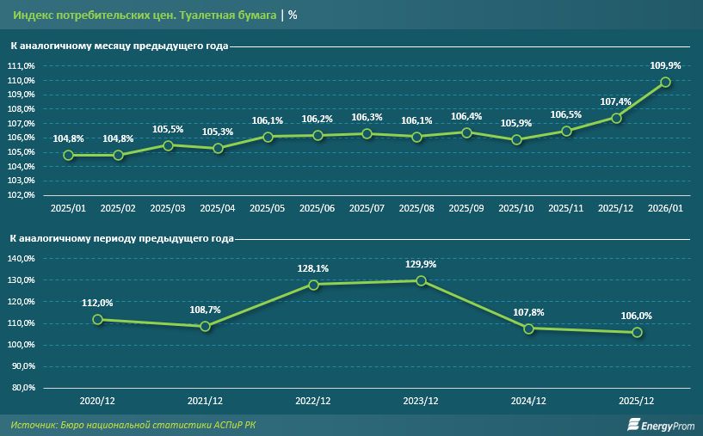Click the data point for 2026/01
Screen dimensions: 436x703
point(665,83)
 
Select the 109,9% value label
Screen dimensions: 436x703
point(665,65)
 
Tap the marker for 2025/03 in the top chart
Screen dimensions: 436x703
point(168,145)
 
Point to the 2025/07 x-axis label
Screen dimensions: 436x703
point(367,209)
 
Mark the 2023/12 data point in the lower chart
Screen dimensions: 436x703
point(421,280)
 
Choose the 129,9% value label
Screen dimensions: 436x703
point(421,264)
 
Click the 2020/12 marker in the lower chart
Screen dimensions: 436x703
point(98,319)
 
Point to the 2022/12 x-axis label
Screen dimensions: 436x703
point(313,402)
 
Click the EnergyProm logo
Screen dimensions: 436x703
point(658,425)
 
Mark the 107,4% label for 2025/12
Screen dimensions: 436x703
point(615,101)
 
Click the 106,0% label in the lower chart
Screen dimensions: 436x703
point(637,316)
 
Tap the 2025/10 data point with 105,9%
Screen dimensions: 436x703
point(516,139)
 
